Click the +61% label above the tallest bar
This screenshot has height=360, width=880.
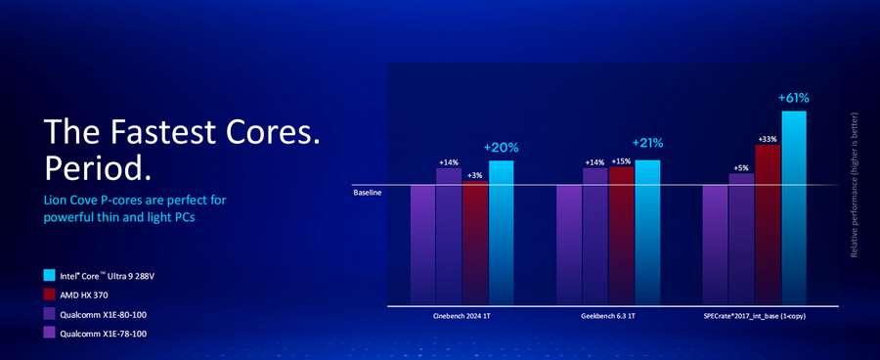(794, 98)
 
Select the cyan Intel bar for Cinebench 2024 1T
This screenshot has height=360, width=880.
(502, 233)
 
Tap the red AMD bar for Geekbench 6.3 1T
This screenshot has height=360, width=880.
(621, 236)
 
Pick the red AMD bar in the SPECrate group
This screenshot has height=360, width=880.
(768, 225)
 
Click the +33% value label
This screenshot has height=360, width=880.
(768, 139)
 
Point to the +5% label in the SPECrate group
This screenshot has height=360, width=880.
(741, 167)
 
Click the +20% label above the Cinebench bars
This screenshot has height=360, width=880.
(502, 149)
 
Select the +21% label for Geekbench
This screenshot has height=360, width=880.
(647, 143)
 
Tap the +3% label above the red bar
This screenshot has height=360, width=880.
(475, 175)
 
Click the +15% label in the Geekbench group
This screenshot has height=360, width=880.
(621, 161)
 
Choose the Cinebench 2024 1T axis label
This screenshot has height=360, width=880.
(462, 317)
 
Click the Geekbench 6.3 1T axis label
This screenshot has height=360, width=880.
(608, 317)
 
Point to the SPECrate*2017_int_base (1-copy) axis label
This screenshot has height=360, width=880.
(754, 317)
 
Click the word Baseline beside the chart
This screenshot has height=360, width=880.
(368, 193)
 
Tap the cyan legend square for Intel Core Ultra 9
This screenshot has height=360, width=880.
(50, 275)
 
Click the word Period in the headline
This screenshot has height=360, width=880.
(98, 168)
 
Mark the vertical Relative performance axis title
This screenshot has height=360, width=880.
(855, 185)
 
